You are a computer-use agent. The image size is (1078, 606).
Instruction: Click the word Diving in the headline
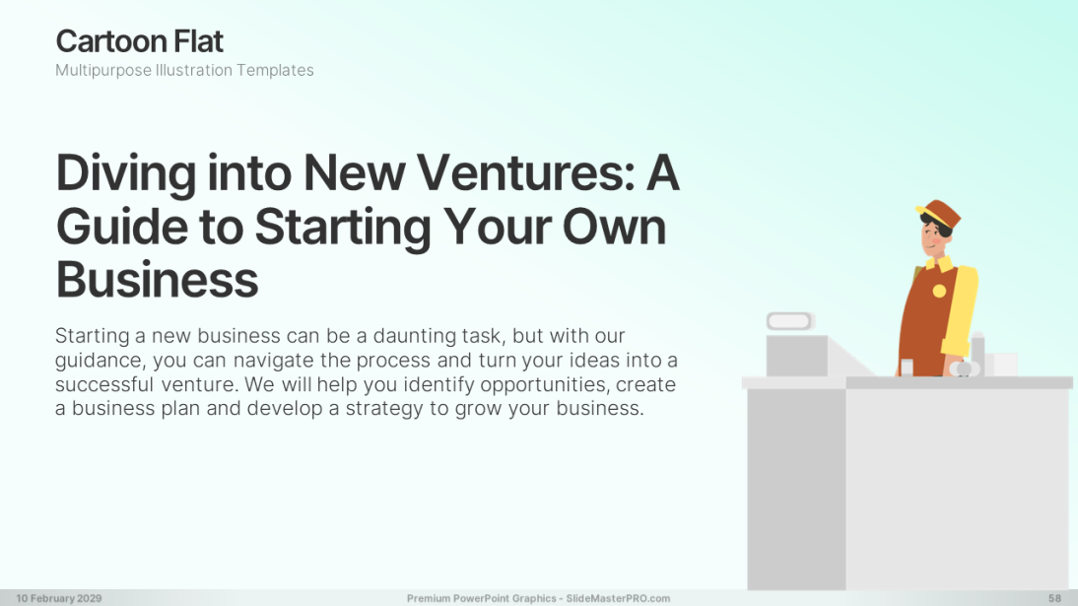point(126,174)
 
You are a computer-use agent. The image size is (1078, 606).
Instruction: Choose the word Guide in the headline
point(121,227)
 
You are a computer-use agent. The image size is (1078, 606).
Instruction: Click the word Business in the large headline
point(157,280)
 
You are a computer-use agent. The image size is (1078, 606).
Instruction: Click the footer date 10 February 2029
point(59,598)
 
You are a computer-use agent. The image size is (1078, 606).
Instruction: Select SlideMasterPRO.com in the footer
point(618,598)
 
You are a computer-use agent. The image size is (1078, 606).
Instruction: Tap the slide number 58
point(1054,598)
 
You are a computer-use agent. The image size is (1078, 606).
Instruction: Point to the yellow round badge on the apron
point(939,291)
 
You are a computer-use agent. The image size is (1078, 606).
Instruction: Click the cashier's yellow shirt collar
point(940,263)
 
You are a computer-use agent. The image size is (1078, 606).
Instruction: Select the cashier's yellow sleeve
point(961,309)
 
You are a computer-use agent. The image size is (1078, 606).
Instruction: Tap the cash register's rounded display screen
point(790,321)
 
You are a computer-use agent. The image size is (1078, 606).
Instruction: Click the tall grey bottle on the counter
point(978,354)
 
